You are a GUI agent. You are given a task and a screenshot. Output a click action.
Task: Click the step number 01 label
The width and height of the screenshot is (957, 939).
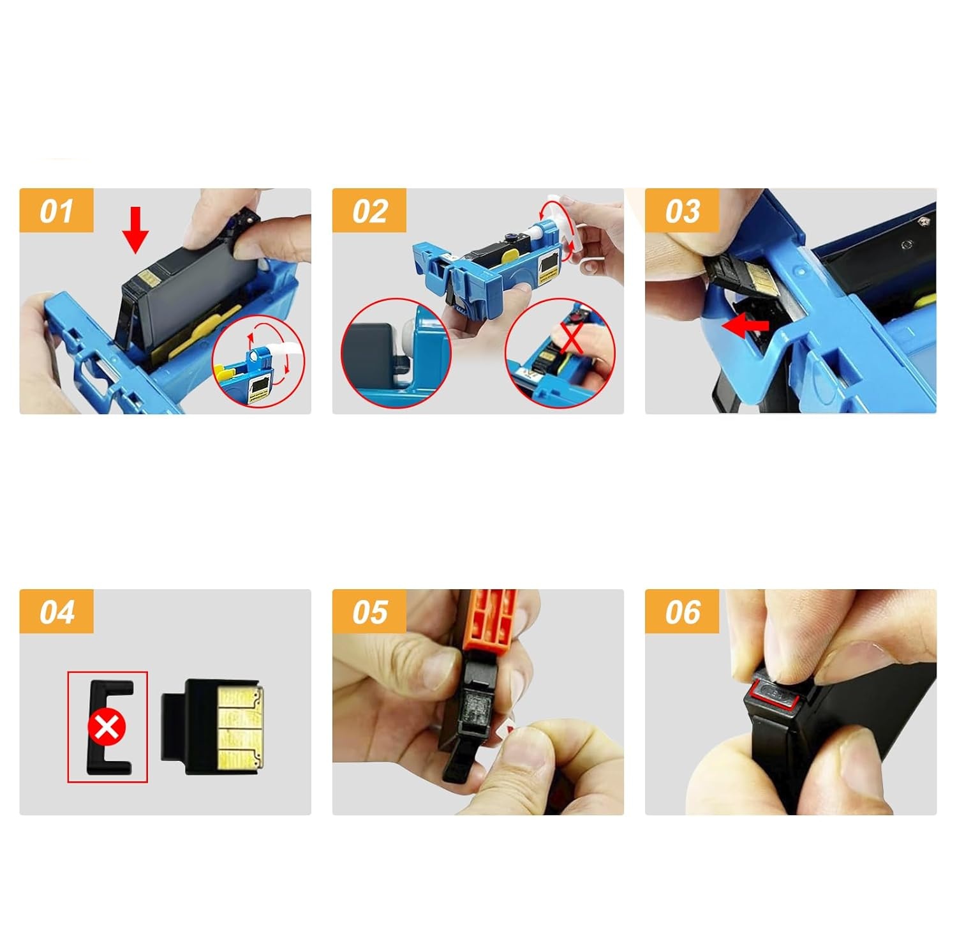click(56, 211)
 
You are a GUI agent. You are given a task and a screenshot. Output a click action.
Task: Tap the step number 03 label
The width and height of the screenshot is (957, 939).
click(682, 211)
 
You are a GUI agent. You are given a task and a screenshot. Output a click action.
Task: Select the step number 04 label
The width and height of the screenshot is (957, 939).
click(56, 612)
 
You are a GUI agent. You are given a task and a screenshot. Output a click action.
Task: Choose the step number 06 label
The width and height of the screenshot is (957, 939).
click(682, 612)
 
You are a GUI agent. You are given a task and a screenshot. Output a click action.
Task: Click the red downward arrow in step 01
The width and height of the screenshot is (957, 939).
click(135, 230)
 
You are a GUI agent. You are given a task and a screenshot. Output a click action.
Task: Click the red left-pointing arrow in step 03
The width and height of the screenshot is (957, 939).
click(745, 326)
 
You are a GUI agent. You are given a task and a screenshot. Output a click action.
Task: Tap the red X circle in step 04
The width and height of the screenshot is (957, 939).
click(107, 727)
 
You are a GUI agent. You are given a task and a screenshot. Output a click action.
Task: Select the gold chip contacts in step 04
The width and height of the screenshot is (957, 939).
click(240, 727)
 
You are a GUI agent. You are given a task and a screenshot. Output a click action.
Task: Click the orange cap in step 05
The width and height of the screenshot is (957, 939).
click(492, 620)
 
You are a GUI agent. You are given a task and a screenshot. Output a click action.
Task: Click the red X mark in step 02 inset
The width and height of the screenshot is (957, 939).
click(571, 337)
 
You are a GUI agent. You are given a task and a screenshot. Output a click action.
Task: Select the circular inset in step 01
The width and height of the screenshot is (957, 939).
click(258, 361)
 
